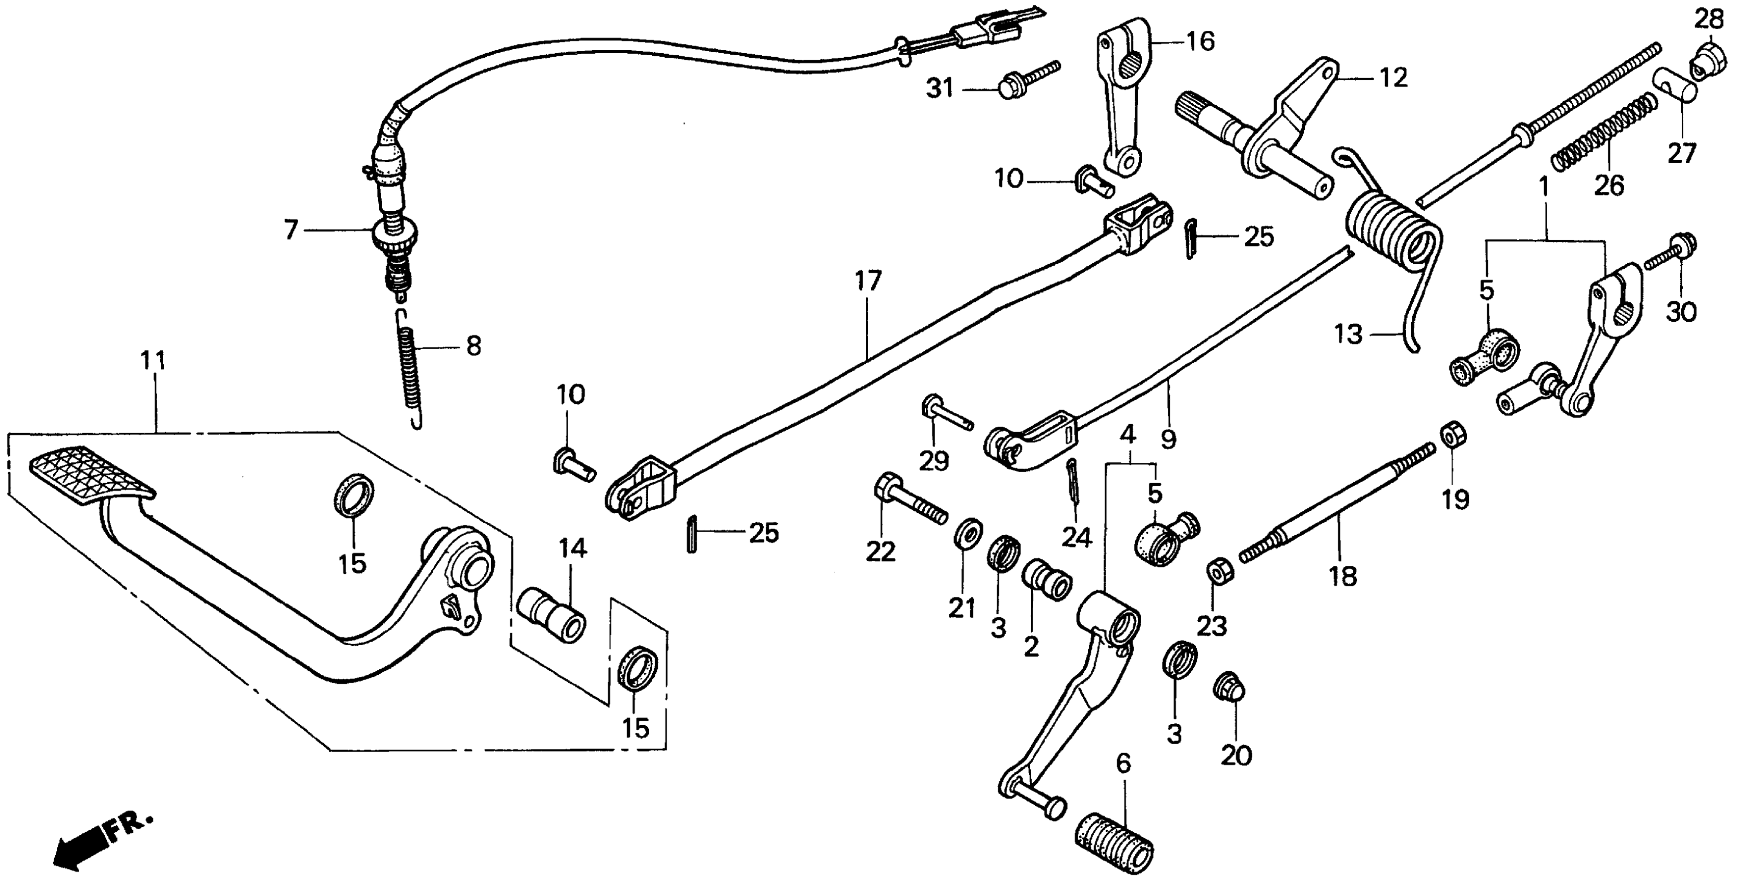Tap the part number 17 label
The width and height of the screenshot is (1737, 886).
pos(868,281)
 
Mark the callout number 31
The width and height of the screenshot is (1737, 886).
pos(939,88)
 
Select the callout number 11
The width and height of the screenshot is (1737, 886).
pos(154,361)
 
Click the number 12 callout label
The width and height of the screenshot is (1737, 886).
pos(1393,78)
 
